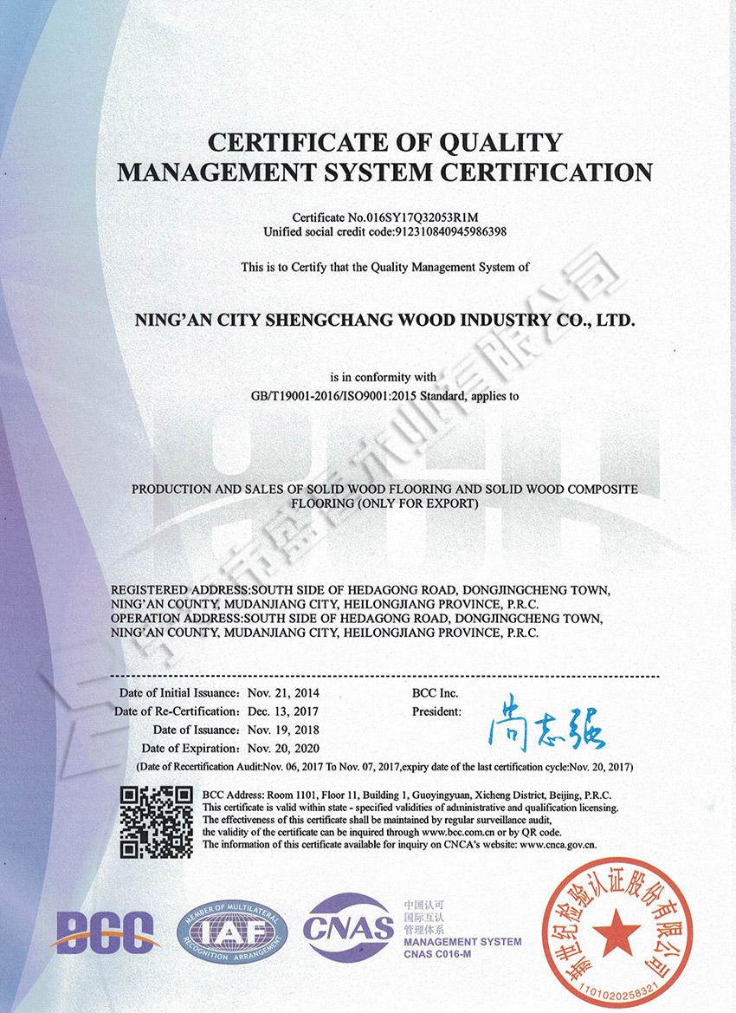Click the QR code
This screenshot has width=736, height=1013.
coord(155,821)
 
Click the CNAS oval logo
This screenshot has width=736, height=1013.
coord(348,929)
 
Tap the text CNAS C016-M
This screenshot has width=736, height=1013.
coord(441,954)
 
